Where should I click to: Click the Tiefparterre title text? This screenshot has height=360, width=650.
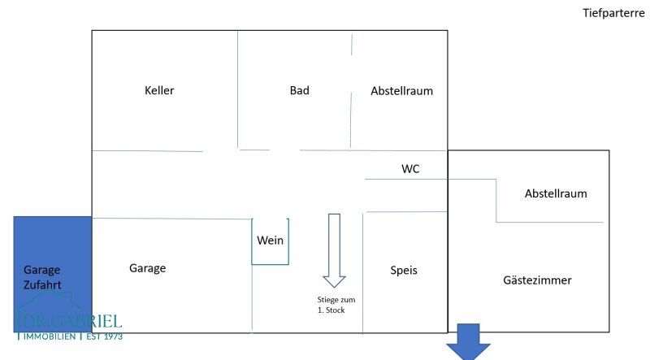point(613,13)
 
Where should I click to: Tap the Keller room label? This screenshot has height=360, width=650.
point(159,90)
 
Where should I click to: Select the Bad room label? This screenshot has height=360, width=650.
point(299,90)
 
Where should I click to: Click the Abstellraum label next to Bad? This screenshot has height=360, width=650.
point(401,91)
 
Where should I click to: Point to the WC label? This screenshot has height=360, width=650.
point(410,169)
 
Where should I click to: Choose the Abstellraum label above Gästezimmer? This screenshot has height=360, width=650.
point(556,193)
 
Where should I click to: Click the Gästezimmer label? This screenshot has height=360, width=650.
point(537,280)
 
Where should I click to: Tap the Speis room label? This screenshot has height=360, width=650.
point(404,271)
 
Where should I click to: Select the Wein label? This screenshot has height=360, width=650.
point(270,241)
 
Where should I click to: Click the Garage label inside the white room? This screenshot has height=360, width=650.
point(148,268)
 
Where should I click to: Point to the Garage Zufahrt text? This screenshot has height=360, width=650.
point(42,277)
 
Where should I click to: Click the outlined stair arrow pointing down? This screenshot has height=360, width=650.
point(334,250)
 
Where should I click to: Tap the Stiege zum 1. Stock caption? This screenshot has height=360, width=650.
point(336,305)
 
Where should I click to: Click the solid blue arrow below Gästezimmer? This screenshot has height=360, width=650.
point(469,341)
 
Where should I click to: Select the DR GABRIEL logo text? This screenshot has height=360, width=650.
point(71,322)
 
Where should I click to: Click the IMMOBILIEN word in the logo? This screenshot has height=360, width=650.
point(50,336)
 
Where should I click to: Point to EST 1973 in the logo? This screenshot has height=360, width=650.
point(105,336)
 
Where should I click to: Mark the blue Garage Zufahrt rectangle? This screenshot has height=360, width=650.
point(53,274)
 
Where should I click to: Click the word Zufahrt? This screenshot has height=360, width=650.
point(42,285)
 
